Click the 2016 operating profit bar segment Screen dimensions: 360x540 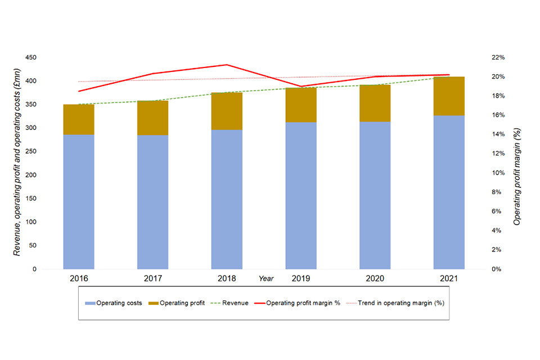(x=79, y=119)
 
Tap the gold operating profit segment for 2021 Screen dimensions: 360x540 (x=448, y=96)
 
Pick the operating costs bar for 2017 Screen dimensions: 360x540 (x=153, y=202)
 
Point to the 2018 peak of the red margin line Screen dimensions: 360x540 (x=227, y=65)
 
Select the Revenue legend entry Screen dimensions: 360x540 (x=230, y=303)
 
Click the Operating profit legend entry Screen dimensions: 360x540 (x=177, y=303)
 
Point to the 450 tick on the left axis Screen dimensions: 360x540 (x=31, y=58)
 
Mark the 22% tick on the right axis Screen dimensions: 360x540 (x=499, y=58)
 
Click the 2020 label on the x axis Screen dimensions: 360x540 (x=375, y=278)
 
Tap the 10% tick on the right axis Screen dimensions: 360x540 (x=499, y=173)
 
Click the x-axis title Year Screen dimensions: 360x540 (x=266, y=278)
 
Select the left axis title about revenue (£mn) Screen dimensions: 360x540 (x=17, y=163)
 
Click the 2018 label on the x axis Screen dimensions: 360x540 (x=227, y=278)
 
